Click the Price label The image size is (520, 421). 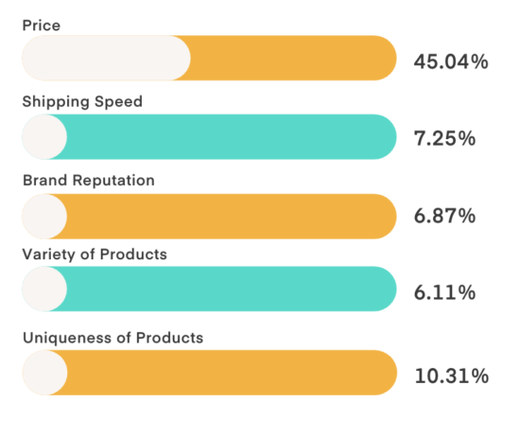(41, 25)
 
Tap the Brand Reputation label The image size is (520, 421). (88, 180)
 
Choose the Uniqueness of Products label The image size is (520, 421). (113, 337)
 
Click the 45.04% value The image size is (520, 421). (451, 62)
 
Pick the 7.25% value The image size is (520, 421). (444, 139)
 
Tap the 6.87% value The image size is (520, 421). (444, 217)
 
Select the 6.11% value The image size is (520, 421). (444, 293)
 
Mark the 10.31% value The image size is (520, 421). (451, 376)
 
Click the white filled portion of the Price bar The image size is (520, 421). (105, 59)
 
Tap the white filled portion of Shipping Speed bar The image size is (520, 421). (44, 137)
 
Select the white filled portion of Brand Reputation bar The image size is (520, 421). (44, 217)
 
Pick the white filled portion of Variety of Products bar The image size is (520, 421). (44, 289)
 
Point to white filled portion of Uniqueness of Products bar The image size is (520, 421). (44, 373)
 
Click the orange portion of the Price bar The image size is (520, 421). (293, 59)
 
